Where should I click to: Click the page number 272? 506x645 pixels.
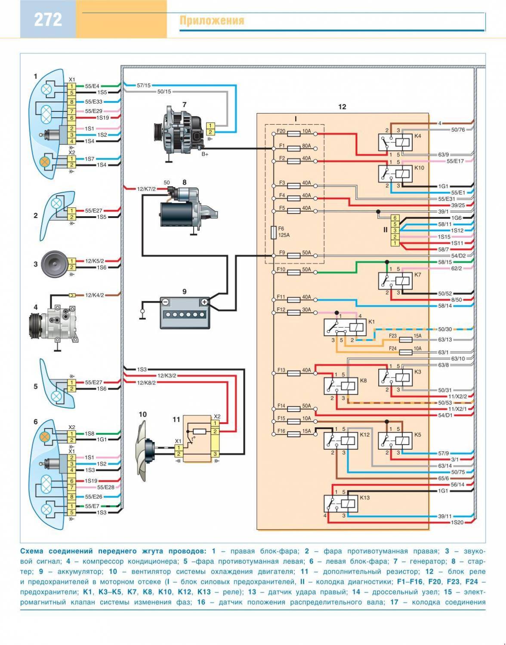click(48, 20)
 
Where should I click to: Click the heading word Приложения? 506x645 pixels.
click(212, 21)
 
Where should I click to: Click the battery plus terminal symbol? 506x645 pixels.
click(204, 302)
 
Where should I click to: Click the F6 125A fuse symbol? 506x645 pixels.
click(274, 233)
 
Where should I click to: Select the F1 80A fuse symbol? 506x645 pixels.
click(293, 148)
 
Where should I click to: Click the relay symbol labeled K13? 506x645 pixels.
click(341, 503)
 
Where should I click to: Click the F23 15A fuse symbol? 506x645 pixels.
click(406, 340)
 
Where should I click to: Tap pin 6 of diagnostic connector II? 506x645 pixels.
click(395, 218)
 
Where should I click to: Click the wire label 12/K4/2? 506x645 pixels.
click(94, 295)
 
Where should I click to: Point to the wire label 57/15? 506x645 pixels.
click(144, 86)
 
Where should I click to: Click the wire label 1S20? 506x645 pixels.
click(457, 522)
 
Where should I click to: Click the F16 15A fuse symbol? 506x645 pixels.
click(293, 434)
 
